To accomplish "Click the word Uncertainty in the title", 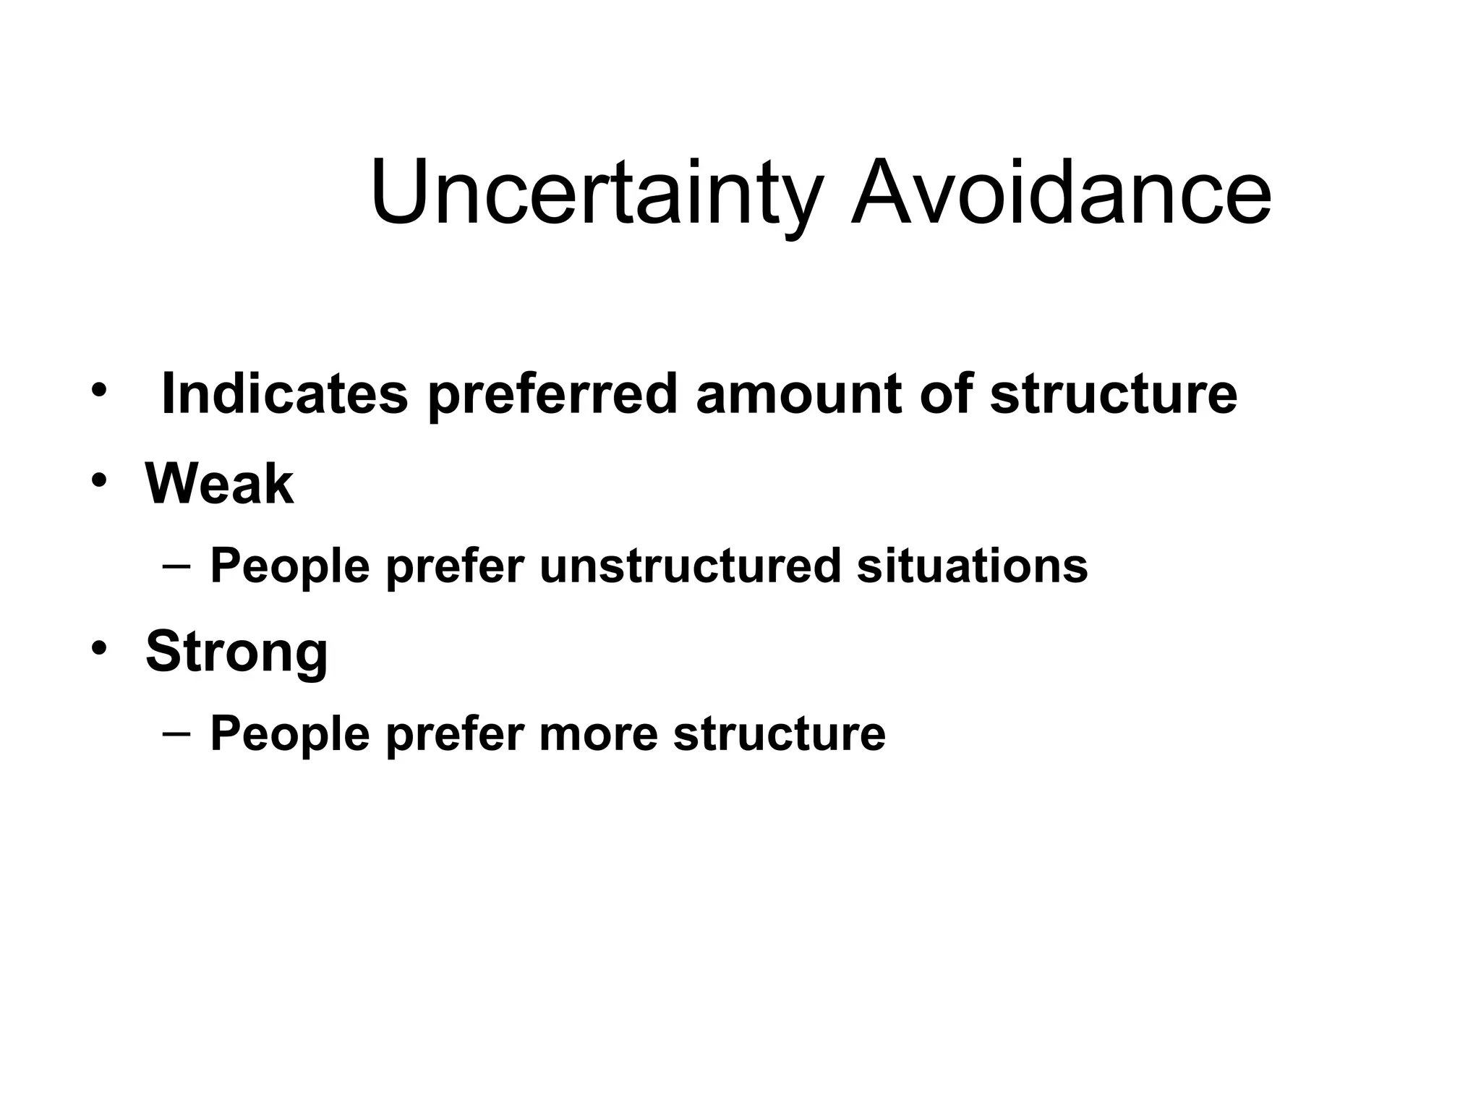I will click(596, 194).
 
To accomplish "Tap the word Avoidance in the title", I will click(1060, 194).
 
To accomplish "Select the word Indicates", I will click(285, 393).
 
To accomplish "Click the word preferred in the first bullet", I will click(552, 395).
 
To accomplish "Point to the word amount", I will click(799, 393).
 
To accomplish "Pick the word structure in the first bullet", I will click(1114, 393).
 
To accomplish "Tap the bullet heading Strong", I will click(236, 652).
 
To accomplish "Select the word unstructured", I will click(690, 566).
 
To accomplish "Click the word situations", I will click(972, 566).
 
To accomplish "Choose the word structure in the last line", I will click(779, 734).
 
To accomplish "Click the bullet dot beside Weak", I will click(99, 481).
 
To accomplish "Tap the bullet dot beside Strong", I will click(99, 648).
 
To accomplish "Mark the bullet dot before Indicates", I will click(99, 391).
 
